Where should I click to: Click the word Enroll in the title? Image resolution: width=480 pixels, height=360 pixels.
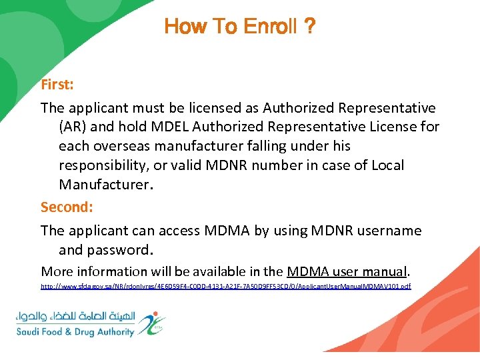pos(270,27)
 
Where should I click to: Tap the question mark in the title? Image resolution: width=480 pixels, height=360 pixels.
pos(309,27)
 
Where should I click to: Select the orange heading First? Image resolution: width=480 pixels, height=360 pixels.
pos(58,85)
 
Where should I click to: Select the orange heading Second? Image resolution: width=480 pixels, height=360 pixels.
pos(67,207)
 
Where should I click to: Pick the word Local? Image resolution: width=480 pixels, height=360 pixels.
pos(387,165)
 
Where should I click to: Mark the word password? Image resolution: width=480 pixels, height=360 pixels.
pos(119,250)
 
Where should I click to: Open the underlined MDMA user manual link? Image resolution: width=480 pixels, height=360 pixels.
pos(346,271)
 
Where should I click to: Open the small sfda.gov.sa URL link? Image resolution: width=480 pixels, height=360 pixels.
pos(225,286)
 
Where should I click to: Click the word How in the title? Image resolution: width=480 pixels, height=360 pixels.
pos(181,27)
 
